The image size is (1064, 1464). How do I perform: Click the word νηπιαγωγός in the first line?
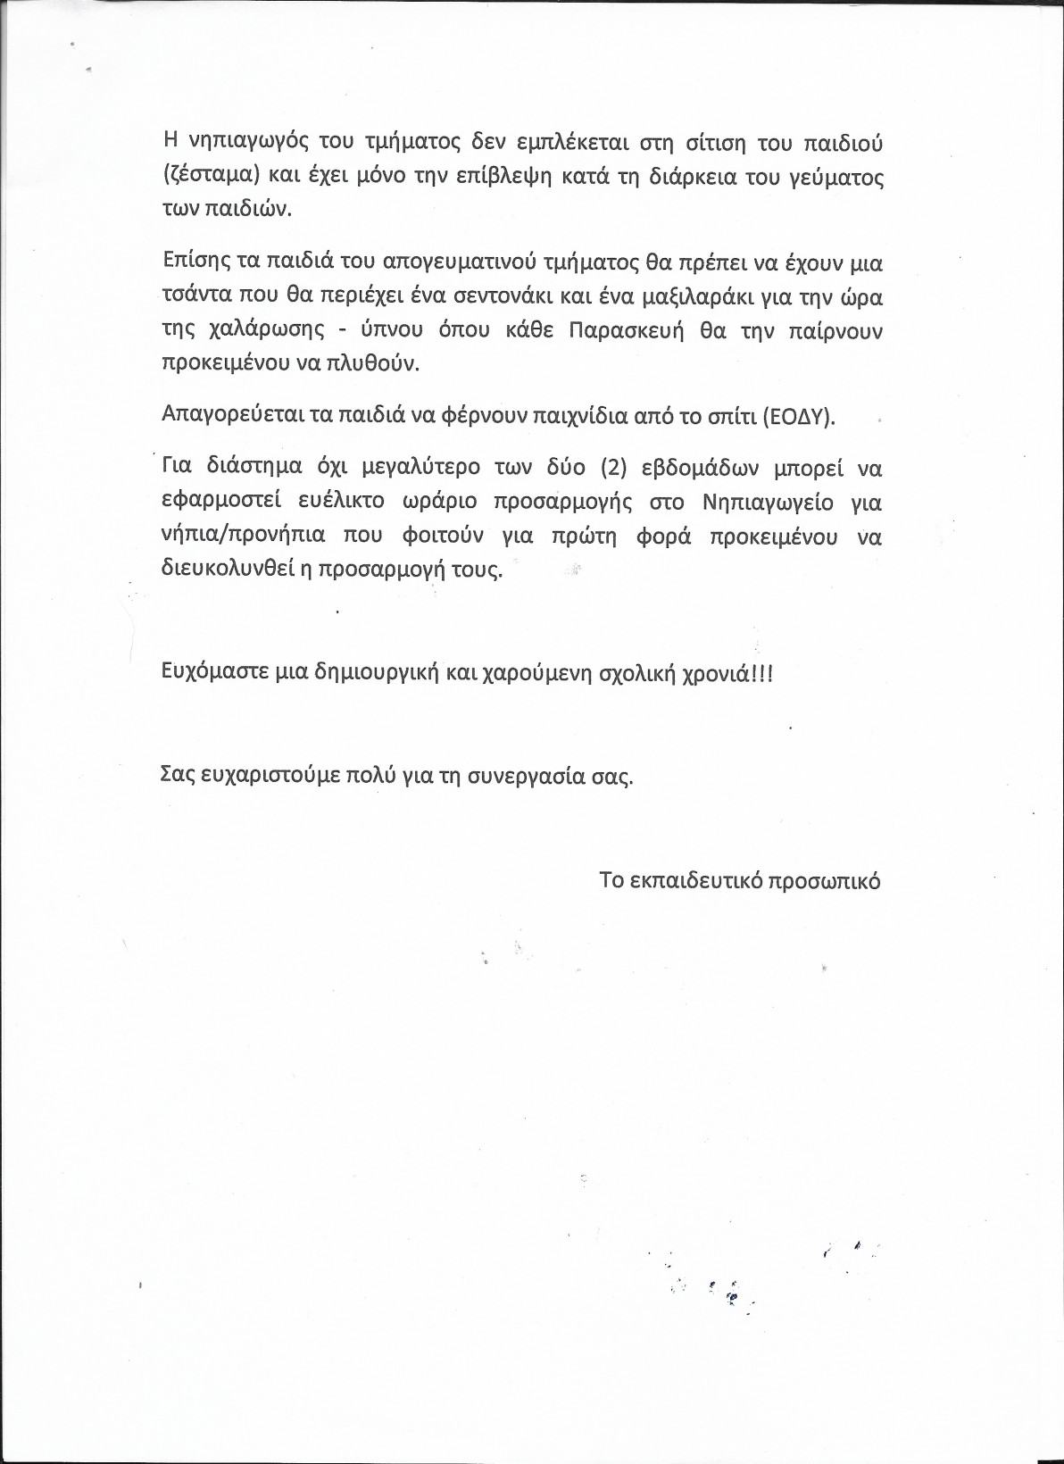coord(236,142)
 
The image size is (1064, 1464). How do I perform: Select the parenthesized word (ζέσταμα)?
coord(211,177)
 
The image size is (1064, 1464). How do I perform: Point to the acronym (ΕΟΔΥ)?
coord(799,417)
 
